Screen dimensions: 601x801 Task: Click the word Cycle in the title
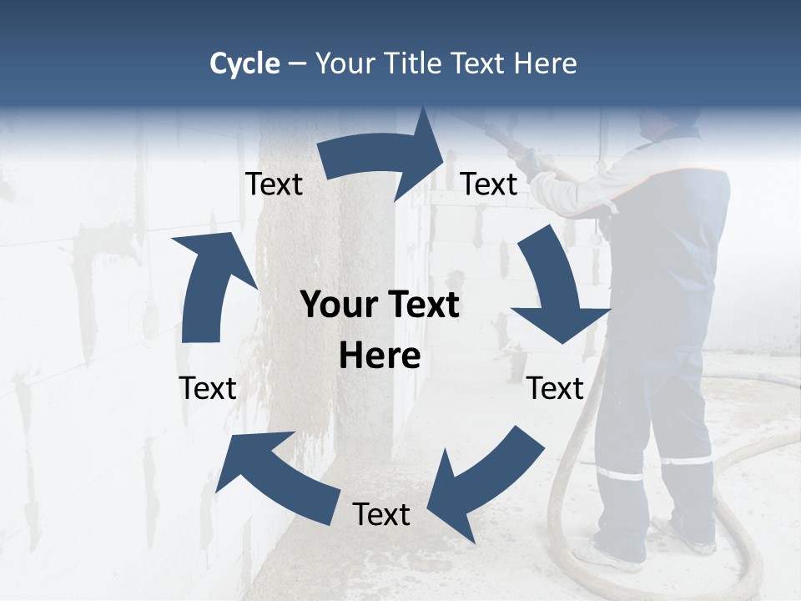pyautogui.click(x=244, y=63)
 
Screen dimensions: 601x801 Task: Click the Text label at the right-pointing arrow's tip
pyautogui.click(x=490, y=184)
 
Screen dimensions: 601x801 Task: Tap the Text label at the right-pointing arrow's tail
pyautogui.click(x=274, y=184)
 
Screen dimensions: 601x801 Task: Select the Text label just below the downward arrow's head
pyautogui.click(x=555, y=388)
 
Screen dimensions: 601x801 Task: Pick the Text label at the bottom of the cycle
pyautogui.click(x=381, y=514)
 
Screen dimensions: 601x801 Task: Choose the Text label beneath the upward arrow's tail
pyautogui.click(x=208, y=388)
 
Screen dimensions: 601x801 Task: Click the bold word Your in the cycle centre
pyautogui.click(x=340, y=306)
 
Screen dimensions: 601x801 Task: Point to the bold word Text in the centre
pyautogui.click(x=423, y=306)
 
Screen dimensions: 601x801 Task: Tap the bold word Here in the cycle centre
pyautogui.click(x=380, y=356)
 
